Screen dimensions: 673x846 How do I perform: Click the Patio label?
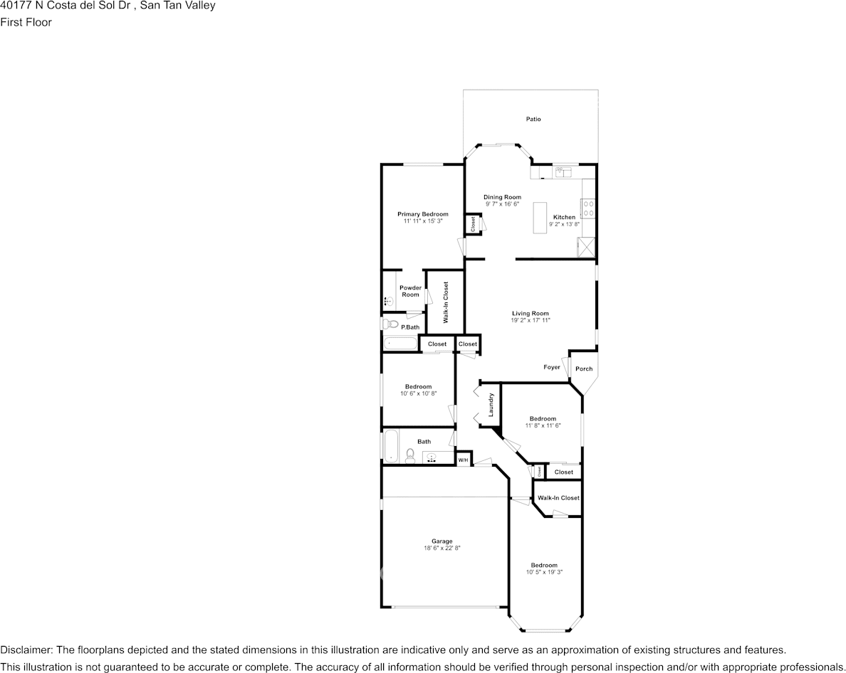pyautogui.click(x=533, y=119)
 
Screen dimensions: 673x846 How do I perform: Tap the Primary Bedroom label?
pyautogui.click(x=423, y=214)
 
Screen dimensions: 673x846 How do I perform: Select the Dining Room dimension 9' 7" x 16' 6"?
pyautogui.click(x=502, y=204)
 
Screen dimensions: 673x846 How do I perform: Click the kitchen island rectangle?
pyautogui.click(x=539, y=217)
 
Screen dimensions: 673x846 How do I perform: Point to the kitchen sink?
pyautogui.click(x=563, y=171)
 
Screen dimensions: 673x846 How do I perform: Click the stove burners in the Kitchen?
pyautogui.click(x=589, y=208)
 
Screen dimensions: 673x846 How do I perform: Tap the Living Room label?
pyautogui.click(x=531, y=313)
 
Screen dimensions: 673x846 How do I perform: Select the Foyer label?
pyautogui.click(x=551, y=367)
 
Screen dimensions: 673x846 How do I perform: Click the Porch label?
pyautogui.click(x=584, y=369)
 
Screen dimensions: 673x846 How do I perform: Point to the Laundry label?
pyautogui.click(x=491, y=405)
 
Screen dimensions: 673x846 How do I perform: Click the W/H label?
pyautogui.click(x=463, y=460)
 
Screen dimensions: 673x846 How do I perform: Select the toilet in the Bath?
pyautogui.click(x=410, y=455)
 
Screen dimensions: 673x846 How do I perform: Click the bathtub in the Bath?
pyautogui.click(x=390, y=446)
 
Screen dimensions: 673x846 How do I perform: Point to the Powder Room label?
pyautogui.click(x=410, y=291)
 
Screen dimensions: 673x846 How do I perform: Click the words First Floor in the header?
pyautogui.click(x=26, y=22)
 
